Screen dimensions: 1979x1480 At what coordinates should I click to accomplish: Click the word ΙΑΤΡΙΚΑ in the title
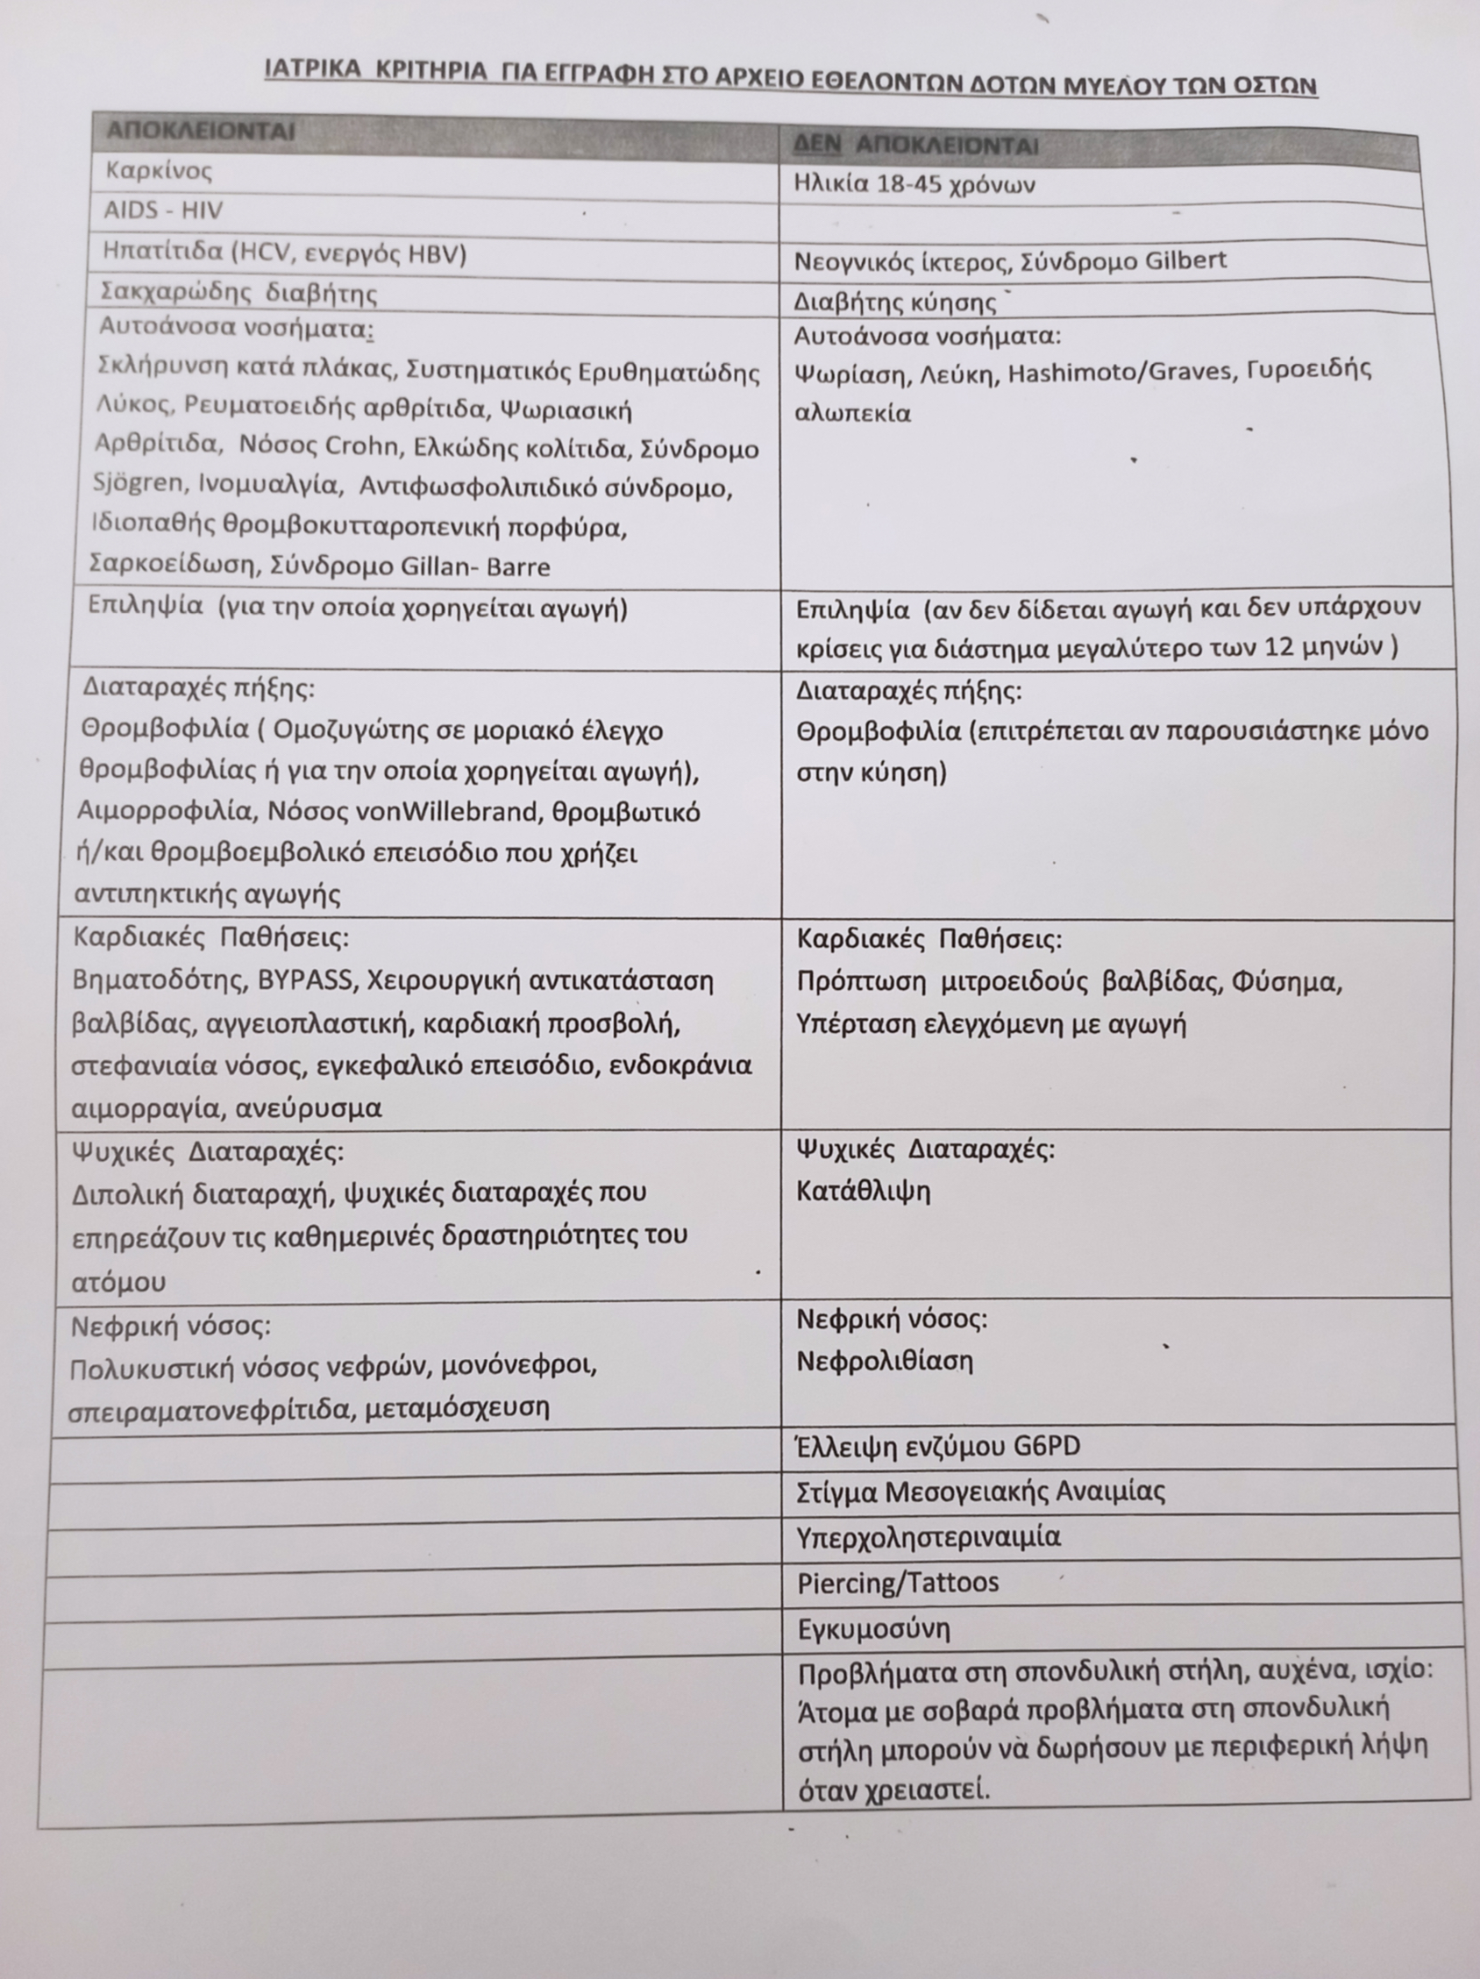314,71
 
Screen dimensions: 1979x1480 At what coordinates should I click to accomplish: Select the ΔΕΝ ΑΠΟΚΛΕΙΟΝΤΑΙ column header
915,145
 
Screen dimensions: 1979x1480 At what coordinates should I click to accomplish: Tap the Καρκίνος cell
159,170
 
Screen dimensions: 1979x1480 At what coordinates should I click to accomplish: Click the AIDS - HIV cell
163,211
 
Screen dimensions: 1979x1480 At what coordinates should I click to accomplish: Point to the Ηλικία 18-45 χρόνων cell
914,184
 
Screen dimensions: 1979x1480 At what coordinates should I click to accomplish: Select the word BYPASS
307,980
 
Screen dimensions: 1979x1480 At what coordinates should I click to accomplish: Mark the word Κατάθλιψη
863,1192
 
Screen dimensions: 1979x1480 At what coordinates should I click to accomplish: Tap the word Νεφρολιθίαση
884,1361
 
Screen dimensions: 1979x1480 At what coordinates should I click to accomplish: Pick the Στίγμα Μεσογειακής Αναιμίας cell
981,1491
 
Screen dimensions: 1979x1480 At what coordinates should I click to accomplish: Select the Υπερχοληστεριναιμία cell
928,1537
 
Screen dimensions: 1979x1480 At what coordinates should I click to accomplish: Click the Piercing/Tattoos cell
898,1582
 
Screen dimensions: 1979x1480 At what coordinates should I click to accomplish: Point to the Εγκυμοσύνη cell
873,1628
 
